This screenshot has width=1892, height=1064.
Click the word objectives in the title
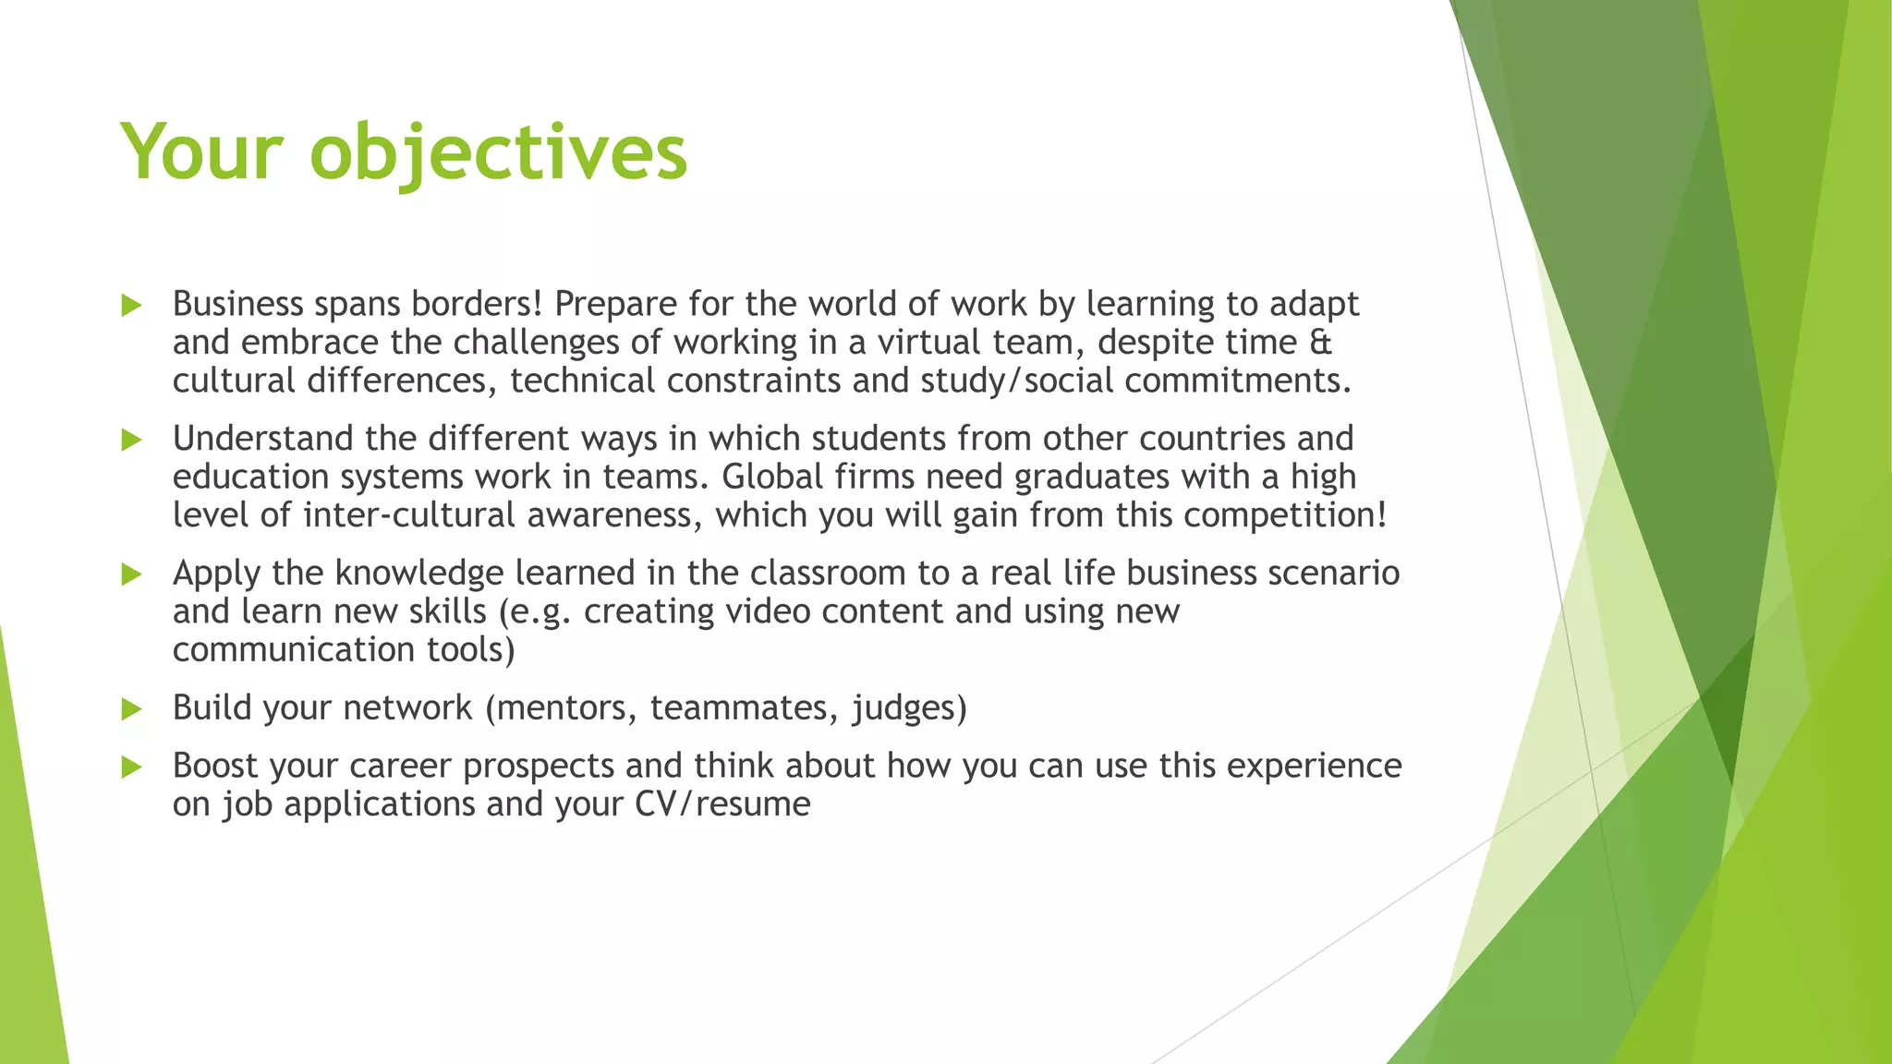pyautogui.click(x=499, y=152)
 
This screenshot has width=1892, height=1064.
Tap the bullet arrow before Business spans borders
pyautogui.click(x=132, y=306)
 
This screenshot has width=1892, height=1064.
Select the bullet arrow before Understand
pyautogui.click(x=132, y=440)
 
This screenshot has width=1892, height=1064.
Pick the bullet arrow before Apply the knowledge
pyautogui.click(x=132, y=574)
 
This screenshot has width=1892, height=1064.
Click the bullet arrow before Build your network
pyautogui.click(x=132, y=709)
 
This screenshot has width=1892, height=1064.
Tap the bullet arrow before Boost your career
pyautogui.click(x=132, y=767)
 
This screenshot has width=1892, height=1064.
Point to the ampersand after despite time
pyautogui.click(x=1321, y=343)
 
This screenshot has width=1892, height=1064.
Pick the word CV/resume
pyautogui.click(x=722, y=804)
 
